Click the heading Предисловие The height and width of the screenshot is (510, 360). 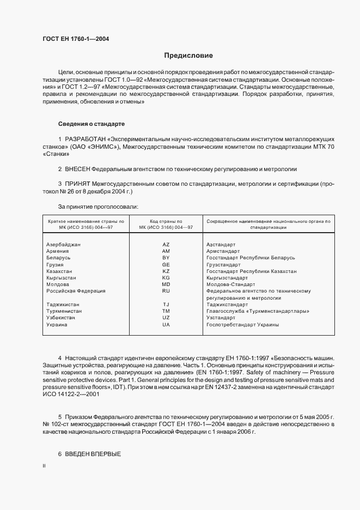[x=189, y=56]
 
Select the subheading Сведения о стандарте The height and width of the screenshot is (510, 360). [x=91, y=125]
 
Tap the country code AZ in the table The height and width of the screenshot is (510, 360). [x=166, y=245]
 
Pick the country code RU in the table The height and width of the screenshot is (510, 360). [x=166, y=291]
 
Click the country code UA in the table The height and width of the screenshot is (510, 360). [x=166, y=325]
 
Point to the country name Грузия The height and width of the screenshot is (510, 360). [x=56, y=264]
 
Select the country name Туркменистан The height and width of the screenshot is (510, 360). [x=64, y=311]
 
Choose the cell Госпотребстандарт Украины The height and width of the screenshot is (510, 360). [x=242, y=325]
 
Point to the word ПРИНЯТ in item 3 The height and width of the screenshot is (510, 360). [x=78, y=185]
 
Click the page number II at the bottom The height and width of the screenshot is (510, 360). [x=44, y=466]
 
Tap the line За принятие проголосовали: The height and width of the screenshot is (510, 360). [x=98, y=207]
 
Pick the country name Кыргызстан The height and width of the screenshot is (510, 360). [x=62, y=277]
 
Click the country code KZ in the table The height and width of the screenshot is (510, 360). [x=166, y=271]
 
